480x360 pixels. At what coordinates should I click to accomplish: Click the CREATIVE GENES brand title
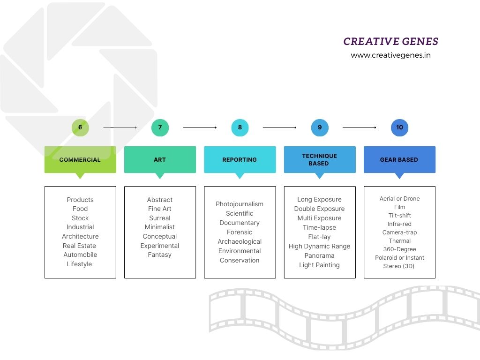[x=390, y=42]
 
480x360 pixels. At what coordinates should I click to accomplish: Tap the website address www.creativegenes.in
[x=390, y=55]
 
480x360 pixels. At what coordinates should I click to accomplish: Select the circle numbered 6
[x=80, y=127]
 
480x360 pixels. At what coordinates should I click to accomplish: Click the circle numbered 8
[x=240, y=127]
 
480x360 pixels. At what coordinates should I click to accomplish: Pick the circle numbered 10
[x=399, y=127]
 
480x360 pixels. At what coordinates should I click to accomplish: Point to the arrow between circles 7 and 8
[x=200, y=127]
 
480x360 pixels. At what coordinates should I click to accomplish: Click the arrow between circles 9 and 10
[x=360, y=127]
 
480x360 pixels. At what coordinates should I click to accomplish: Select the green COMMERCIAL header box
[x=80, y=160]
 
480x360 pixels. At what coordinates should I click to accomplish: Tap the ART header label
[x=160, y=160]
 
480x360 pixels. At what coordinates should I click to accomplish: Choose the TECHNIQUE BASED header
[x=319, y=160]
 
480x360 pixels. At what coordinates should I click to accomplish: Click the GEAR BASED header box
[x=399, y=160]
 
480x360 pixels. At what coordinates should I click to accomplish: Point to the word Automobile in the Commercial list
[x=80, y=255]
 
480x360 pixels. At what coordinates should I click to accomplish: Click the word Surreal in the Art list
[x=160, y=218]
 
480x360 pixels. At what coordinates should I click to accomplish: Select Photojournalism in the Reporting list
[x=240, y=204]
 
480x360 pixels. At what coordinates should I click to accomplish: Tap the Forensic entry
[x=240, y=232]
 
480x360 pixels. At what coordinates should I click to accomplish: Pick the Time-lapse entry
[x=319, y=228]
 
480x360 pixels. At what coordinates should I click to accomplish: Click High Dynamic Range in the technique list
[x=319, y=247]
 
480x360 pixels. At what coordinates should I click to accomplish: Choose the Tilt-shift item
[x=399, y=216]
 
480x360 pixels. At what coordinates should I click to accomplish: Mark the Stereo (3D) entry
[x=399, y=266]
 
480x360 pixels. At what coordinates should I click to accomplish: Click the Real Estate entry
[x=79, y=246]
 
